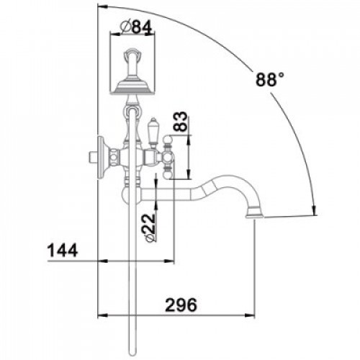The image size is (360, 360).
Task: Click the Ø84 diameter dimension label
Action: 136,27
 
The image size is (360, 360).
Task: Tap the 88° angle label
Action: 270,79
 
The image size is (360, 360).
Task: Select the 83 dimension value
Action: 180,122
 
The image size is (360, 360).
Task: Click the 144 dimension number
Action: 63,250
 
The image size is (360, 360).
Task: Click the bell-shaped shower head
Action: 132,87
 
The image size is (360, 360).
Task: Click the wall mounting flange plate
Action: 102,158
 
